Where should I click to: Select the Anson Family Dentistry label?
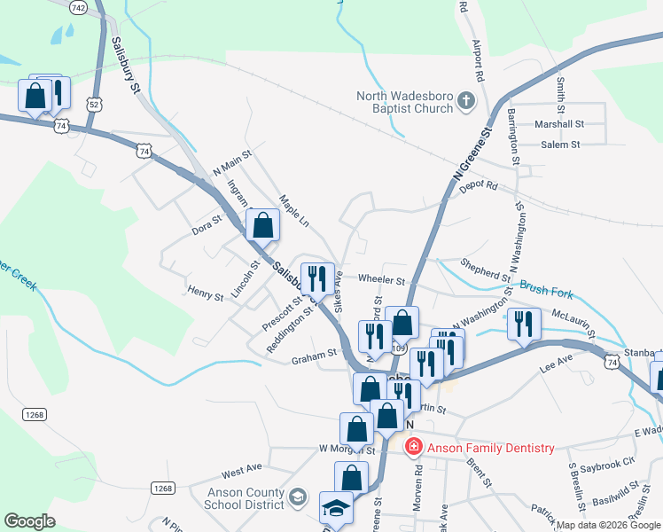tap(491, 449)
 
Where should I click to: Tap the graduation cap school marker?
tap(336, 509)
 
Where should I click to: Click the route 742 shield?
tap(78, 7)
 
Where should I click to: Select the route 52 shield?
tap(94, 104)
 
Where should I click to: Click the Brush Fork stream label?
tap(546, 290)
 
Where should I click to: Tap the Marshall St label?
tap(561, 125)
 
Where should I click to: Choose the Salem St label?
tap(560, 145)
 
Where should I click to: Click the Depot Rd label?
tap(480, 185)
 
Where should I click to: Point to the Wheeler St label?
tap(381, 280)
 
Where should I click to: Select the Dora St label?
tap(207, 230)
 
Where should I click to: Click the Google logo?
tap(29, 521)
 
